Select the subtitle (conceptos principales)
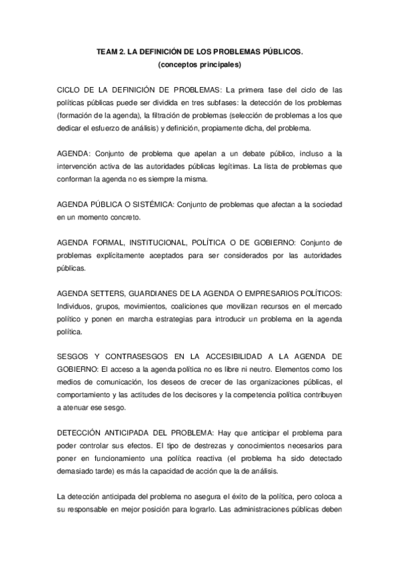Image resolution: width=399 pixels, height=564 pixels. pyautogui.click(x=199, y=65)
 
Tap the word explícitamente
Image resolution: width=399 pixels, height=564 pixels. pyautogui.click(x=121, y=255)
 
